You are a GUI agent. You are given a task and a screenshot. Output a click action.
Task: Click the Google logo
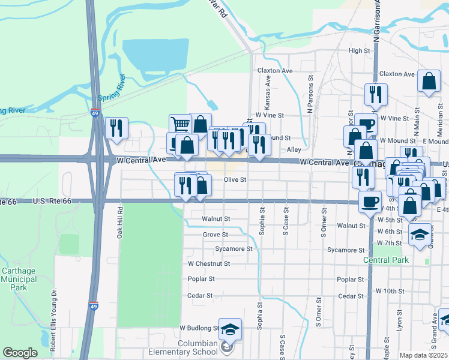(x=20, y=353)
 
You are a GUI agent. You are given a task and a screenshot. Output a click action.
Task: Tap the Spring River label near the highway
(x=111, y=89)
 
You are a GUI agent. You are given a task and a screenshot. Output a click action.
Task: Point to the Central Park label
(x=385, y=260)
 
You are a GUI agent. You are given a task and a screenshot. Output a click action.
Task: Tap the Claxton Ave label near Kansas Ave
(x=274, y=71)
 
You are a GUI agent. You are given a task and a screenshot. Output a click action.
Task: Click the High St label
(x=359, y=51)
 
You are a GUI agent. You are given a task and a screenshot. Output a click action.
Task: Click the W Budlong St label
(x=199, y=328)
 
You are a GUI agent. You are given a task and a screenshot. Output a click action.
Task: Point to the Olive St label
(x=235, y=179)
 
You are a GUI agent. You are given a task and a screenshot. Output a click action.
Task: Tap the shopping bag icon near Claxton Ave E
(x=429, y=82)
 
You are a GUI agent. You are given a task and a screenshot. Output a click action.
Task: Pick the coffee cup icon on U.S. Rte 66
(x=370, y=200)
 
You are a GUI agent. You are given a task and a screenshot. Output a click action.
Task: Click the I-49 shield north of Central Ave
(x=95, y=112)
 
